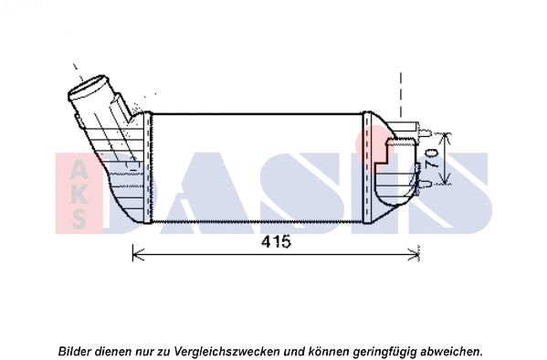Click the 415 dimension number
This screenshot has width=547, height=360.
[x=276, y=242]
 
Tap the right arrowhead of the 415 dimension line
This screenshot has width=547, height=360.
[x=417, y=254]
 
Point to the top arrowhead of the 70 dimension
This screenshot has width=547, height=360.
[x=445, y=137]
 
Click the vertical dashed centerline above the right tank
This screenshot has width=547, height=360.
[x=400, y=96]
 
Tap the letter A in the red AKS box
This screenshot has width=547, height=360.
[x=80, y=169]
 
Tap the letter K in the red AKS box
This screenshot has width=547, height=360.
[x=80, y=194]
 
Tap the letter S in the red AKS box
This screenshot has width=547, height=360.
[x=80, y=218]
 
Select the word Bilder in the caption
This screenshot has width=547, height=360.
[x=76, y=351]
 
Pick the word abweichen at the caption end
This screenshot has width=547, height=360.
[x=450, y=351]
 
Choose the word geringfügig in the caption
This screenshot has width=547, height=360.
[x=374, y=351]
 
